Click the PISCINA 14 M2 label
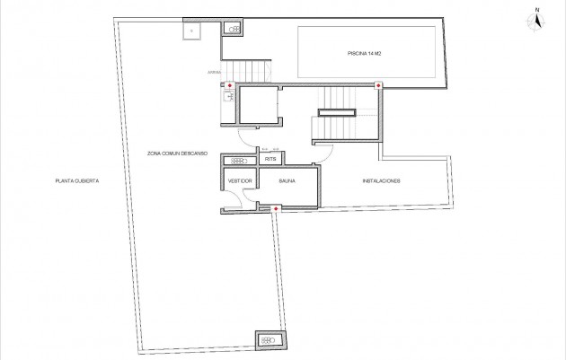(367, 53)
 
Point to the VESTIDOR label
(241, 181)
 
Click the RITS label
(270, 160)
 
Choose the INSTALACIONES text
(381, 181)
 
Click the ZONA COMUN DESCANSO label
(178, 154)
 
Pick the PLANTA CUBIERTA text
(76, 181)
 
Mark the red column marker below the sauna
(274, 209)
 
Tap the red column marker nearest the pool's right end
(378, 86)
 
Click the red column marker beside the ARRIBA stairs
(231, 86)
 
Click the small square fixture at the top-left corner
(191, 30)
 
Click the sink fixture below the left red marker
(228, 100)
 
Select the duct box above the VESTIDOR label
(240, 160)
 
